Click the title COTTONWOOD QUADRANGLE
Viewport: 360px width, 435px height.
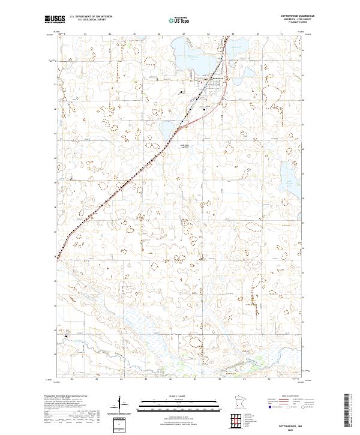297,16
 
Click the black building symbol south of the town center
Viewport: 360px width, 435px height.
205,109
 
